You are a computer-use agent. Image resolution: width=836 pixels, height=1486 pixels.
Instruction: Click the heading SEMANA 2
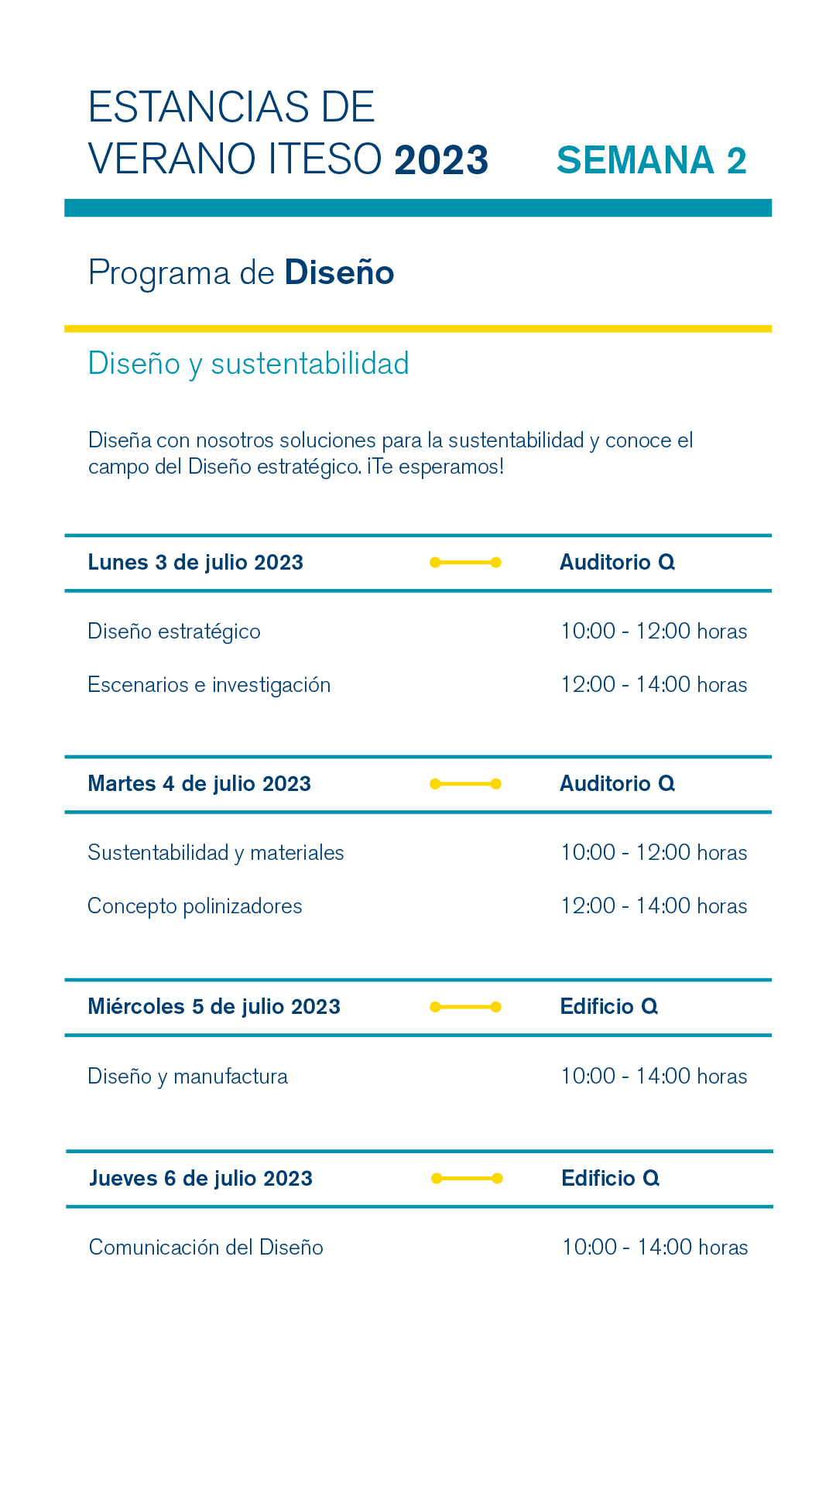[x=651, y=160]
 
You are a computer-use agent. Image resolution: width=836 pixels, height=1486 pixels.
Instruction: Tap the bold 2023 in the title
[x=441, y=160]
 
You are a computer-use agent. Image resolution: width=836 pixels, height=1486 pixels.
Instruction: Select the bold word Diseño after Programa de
[x=339, y=273]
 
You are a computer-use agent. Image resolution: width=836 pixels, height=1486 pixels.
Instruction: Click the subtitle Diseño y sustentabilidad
[x=248, y=364]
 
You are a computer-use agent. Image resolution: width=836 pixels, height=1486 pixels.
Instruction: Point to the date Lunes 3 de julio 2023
[x=195, y=563]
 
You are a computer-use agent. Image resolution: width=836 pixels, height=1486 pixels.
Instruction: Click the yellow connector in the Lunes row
[x=465, y=563]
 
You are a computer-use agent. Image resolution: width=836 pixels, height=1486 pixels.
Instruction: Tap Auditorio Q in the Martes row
[x=617, y=784]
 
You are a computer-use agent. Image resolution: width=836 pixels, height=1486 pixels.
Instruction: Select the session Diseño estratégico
[x=174, y=632]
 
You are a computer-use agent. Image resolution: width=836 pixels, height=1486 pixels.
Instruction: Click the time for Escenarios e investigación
[x=654, y=685]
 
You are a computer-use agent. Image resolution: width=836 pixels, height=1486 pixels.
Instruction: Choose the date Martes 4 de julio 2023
[x=199, y=784]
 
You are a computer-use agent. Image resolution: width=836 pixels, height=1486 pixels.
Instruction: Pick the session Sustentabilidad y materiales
[x=216, y=853]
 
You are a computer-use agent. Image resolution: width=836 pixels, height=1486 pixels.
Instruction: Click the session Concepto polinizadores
[x=195, y=906]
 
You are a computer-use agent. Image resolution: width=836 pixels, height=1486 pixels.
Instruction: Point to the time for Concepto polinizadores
[x=654, y=906]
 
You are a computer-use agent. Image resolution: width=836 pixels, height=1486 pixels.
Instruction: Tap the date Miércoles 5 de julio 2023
[x=214, y=1007]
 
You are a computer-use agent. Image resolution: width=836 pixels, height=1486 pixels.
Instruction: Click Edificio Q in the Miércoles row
[x=608, y=1007]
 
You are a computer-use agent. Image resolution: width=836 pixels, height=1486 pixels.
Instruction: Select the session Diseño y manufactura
[x=187, y=1077]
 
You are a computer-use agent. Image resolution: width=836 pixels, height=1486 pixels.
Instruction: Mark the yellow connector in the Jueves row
[x=467, y=1179]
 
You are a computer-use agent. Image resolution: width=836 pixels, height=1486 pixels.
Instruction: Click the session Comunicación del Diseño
[x=206, y=1248]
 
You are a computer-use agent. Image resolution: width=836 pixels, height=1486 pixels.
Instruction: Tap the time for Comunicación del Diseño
[x=655, y=1248]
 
